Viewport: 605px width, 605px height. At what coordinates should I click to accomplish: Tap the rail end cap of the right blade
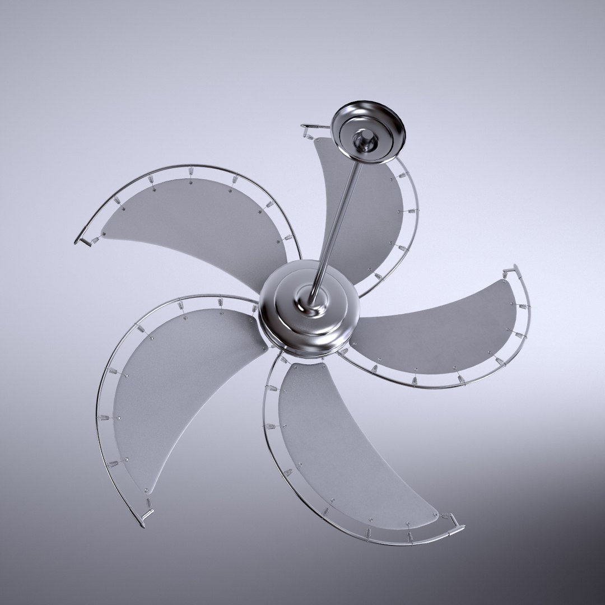click(511, 271)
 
